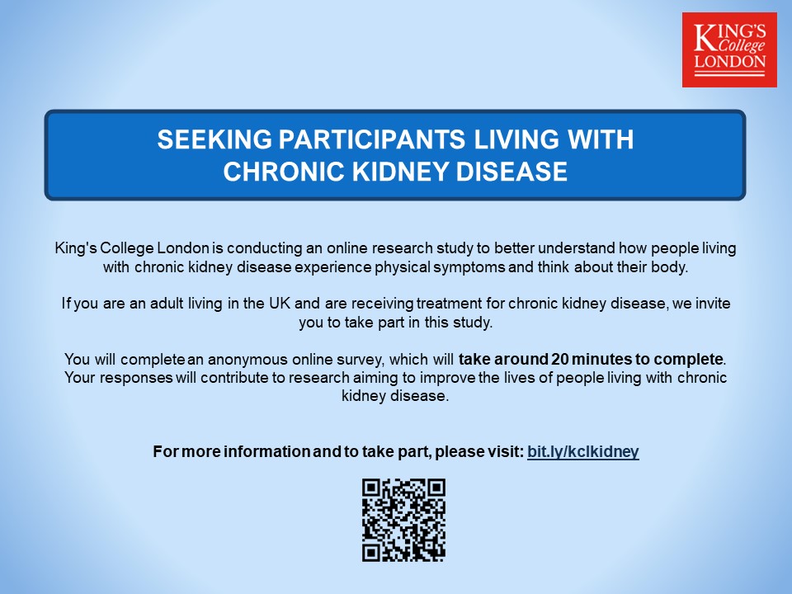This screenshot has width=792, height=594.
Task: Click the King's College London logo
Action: tap(729, 49)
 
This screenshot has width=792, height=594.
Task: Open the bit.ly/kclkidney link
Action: tap(582, 451)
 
